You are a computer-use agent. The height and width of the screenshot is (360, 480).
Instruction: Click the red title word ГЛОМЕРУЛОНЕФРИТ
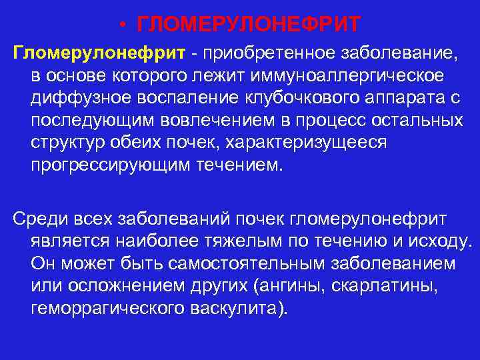pos(248,25)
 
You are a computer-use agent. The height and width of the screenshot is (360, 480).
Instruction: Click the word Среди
pos(39,219)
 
